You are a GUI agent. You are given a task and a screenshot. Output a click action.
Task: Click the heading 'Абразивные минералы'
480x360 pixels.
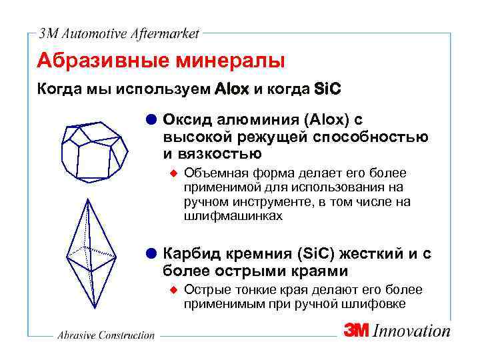(x=161, y=61)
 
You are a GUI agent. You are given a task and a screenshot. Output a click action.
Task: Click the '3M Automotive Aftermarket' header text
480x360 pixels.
(x=119, y=33)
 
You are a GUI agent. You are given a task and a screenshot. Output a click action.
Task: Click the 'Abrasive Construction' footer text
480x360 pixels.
(x=105, y=335)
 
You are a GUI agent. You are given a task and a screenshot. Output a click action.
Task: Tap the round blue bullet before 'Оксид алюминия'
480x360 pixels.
(x=151, y=119)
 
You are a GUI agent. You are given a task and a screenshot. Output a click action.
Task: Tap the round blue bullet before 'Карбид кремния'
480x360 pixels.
(x=151, y=254)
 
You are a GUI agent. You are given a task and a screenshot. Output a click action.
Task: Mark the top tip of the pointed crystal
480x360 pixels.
(x=87, y=199)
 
